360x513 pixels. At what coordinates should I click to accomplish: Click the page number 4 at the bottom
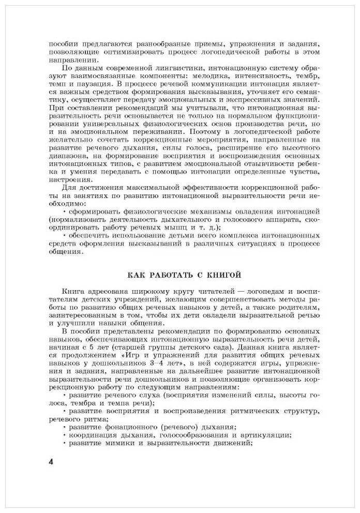51,461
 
